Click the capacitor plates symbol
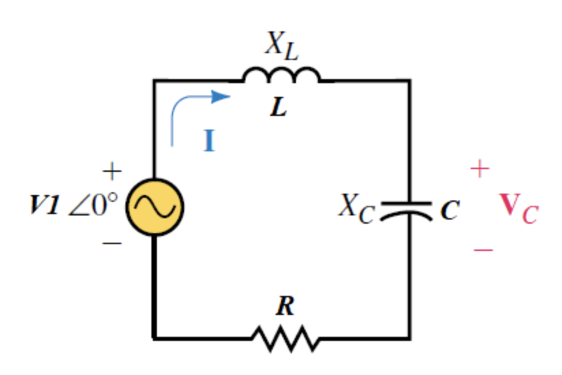[x=406, y=209]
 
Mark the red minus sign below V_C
[x=482, y=250]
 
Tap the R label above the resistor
[x=284, y=306]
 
